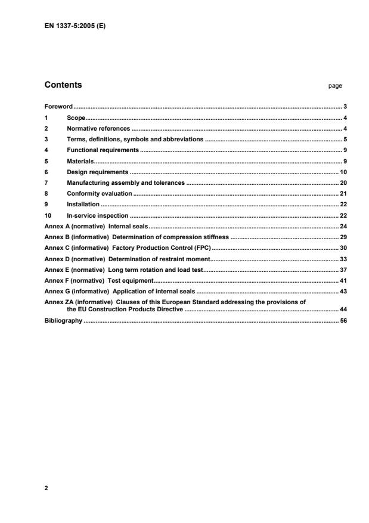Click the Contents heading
pos(64,85)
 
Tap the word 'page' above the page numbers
pos(335,86)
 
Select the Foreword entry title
pos(58,107)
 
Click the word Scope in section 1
pos(76,118)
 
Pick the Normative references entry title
pos(98,129)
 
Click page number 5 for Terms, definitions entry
pos(345,140)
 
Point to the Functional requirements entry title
pos(103,150)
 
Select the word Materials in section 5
pos(80,161)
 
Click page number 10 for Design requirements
pos(343,172)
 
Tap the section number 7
pos(46,183)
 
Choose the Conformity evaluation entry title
pos(99,194)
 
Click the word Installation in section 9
pos(83,205)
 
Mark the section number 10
pos(48,215)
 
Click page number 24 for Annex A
pos(343,227)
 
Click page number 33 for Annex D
pos(343,259)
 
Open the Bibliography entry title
pos(64,321)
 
